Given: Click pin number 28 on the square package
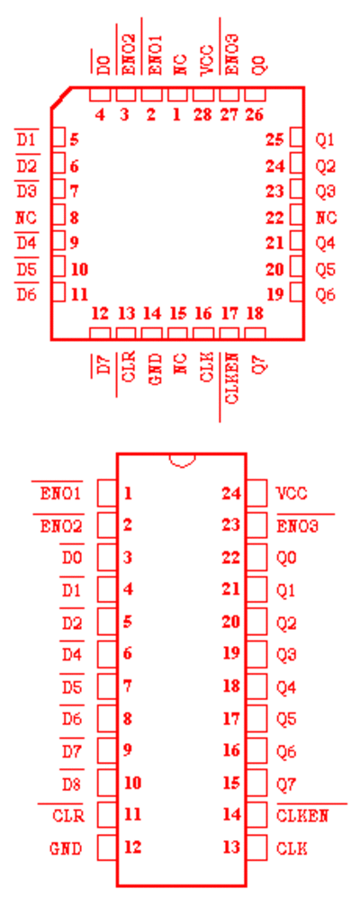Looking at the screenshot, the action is [202, 115].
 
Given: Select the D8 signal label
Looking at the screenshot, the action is [72, 784].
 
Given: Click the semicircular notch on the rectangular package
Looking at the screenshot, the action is [182, 461].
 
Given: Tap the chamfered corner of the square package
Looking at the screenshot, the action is [61, 97].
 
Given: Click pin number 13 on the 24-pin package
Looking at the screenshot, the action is [232, 848].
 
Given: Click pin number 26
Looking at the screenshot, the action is [254, 115].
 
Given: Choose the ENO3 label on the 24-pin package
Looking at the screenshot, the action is [297, 525].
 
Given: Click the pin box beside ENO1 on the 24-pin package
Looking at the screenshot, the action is [107, 494].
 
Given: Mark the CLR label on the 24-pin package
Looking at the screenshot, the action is [68, 815].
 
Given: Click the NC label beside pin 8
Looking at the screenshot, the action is [26, 218].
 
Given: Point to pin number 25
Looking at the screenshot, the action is [274, 139].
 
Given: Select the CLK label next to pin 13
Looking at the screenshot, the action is [292, 848].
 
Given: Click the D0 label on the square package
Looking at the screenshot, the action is [103, 65].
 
